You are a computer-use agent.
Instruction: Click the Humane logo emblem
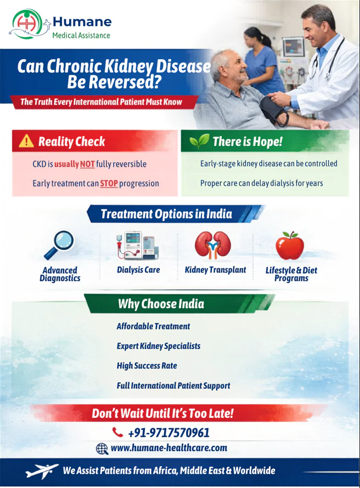(x=27, y=24)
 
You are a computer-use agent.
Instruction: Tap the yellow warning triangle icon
(x=26, y=141)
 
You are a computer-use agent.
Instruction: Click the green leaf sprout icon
(x=199, y=141)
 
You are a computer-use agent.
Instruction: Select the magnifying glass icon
(x=59, y=245)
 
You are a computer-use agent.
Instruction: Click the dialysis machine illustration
(x=138, y=246)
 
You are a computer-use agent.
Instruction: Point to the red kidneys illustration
(x=213, y=245)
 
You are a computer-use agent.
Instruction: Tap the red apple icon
(x=290, y=246)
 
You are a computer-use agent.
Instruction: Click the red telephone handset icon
(x=118, y=432)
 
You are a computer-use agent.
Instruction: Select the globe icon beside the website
(x=102, y=449)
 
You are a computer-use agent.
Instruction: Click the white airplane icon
(x=42, y=470)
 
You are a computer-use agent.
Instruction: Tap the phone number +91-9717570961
(x=169, y=433)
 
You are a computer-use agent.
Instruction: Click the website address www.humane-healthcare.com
(x=169, y=448)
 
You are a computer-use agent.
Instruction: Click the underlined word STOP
(x=109, y=183)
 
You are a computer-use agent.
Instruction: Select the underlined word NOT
(x=87, y=164)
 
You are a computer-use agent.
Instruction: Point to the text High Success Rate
(x=147, y=366)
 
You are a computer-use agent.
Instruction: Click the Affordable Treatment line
(x=153, y=326)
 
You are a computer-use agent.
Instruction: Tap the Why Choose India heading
(x=161, y=304)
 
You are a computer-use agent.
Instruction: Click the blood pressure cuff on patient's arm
(x=273, y=110)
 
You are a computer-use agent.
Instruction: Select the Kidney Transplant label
(x=216, y=270)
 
